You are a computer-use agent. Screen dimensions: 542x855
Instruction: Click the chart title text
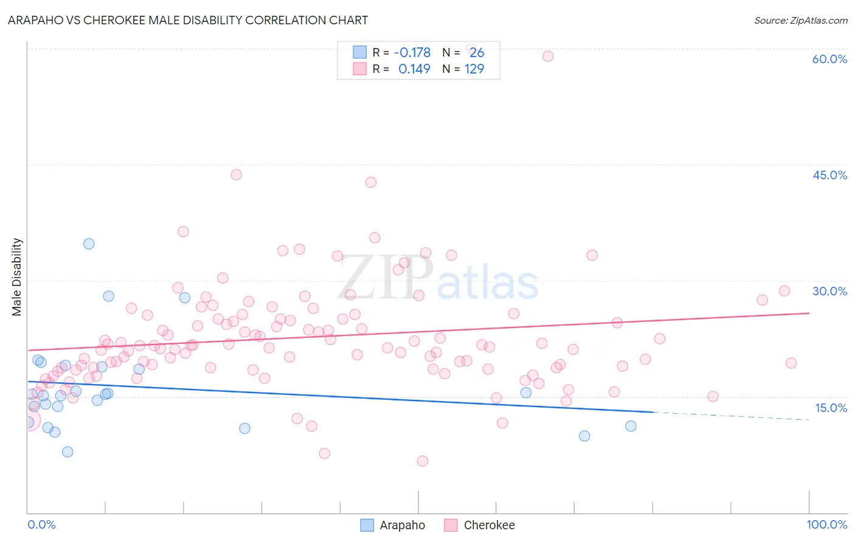click(187, 20)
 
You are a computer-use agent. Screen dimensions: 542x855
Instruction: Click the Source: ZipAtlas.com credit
click(800, 20)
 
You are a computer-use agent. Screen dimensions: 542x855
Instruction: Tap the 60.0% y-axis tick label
click(829, 59)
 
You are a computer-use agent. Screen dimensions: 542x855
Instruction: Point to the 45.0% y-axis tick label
click(829, 175)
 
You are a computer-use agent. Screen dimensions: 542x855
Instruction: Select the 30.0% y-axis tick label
click(829, 291)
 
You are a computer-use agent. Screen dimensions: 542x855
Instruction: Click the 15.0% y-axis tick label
click(831, 408)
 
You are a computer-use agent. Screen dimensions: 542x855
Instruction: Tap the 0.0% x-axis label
click(41, 524)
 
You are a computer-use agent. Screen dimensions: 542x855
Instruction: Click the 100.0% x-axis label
click(826, 524)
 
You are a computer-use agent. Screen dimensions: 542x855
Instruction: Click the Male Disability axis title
click(16, 276)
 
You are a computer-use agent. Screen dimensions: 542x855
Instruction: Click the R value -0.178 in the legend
click(412, 52)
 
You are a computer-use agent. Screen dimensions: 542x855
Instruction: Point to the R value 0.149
click(414, 69)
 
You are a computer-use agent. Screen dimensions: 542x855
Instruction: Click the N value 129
click(474, 69)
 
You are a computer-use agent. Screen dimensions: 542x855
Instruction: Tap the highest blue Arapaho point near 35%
click(89, 244)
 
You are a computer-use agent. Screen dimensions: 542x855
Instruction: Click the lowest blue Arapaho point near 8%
click(67, 451)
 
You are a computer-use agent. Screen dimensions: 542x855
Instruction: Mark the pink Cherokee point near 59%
click(548, 56)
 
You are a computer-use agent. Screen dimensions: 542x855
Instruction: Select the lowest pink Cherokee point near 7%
click(423, 461)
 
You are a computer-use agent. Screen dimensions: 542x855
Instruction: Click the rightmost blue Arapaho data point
click(631, 426)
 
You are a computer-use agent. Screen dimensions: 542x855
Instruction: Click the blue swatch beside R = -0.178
click(360, 52)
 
